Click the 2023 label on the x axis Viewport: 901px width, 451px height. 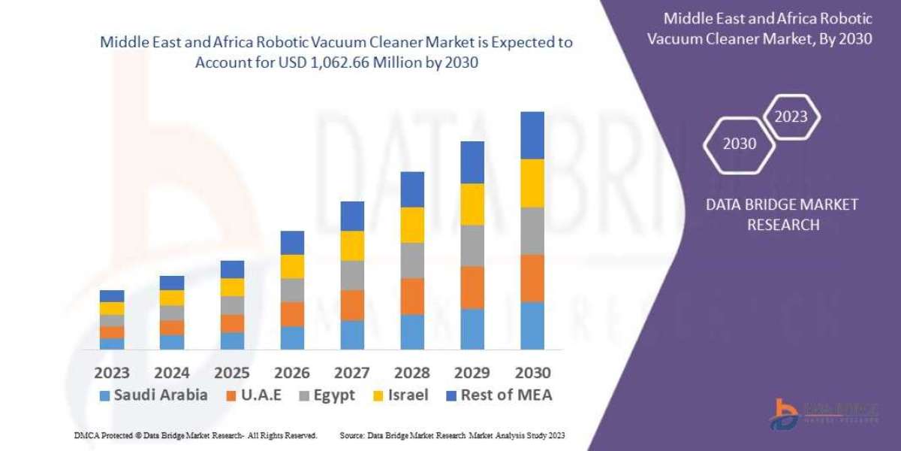112,373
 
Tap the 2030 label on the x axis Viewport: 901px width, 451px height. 532,373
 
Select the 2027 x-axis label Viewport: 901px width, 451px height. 352,373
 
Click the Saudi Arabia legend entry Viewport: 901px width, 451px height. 153,395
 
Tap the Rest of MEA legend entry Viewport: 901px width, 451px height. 499,395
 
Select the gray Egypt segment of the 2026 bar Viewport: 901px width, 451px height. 292,290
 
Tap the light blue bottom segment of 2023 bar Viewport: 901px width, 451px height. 112,344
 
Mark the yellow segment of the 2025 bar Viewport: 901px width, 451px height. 232,287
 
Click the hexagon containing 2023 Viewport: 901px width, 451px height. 791,117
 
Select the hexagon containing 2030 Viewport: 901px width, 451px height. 740,144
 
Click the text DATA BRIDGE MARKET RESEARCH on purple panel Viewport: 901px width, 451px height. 783,214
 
